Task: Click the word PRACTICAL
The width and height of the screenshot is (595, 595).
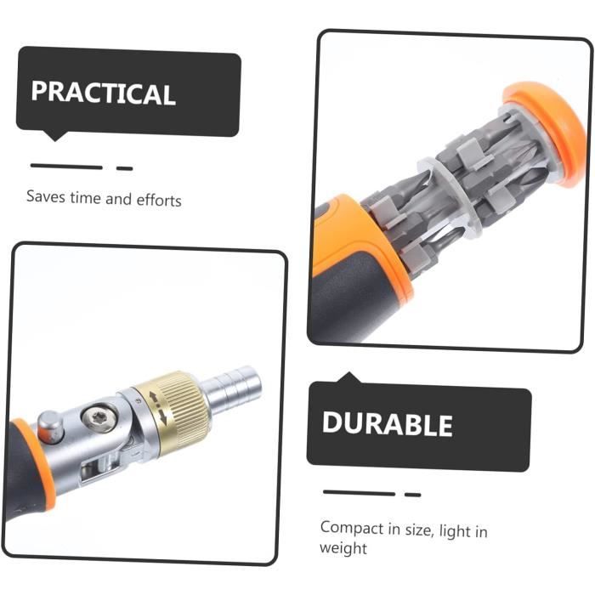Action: (103, 93)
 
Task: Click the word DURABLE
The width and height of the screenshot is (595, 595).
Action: (387, 423)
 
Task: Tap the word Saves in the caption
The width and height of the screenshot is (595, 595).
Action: (46, 196)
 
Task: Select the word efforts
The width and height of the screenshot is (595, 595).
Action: (159, 200)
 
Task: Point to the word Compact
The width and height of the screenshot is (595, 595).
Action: (352, 529)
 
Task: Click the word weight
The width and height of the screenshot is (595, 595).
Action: (343, 548)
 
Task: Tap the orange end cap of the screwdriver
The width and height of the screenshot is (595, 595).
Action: (547, 133)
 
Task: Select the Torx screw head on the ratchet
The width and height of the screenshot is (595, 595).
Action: (99, 418)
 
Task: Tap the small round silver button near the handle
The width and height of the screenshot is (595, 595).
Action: (50, 427)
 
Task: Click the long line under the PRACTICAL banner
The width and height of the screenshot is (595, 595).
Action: (66, 167)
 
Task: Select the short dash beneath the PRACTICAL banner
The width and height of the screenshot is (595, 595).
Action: (124, 168)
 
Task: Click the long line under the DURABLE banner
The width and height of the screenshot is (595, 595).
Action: (359, 493)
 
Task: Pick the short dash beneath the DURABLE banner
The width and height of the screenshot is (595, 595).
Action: (413, 495)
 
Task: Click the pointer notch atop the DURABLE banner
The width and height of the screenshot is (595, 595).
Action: (349, 377)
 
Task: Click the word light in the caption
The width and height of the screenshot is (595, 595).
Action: (453, 530)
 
